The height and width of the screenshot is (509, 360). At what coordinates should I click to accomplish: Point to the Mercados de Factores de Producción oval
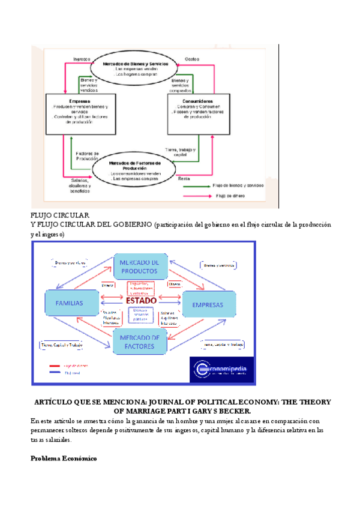(135, 170)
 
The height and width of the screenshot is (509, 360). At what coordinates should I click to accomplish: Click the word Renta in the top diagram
(184, 179)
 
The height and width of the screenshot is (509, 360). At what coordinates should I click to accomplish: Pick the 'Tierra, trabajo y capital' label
(180, 154)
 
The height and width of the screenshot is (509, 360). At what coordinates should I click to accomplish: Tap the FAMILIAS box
(70, 303)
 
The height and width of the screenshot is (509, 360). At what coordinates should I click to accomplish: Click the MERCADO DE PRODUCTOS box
(139, 267)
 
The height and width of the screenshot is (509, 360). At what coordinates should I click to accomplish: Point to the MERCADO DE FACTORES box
(139, 342)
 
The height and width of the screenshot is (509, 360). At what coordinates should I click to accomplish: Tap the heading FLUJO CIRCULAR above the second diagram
(59, 215)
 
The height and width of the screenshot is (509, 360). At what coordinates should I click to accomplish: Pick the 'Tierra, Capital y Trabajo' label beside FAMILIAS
(61, 345)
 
